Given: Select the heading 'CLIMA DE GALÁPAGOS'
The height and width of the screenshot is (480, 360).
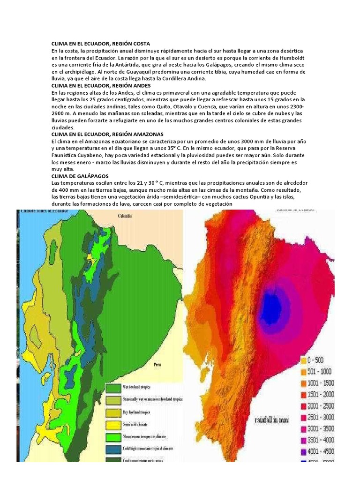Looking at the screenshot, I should point(79,176).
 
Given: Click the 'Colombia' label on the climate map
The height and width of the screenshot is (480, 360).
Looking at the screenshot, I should point(125,216).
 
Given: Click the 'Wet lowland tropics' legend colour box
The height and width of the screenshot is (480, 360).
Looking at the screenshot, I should point(112,388).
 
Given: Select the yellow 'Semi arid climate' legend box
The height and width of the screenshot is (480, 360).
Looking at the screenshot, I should point(112,424).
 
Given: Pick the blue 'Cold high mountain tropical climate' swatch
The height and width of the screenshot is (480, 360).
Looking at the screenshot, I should point(112,449).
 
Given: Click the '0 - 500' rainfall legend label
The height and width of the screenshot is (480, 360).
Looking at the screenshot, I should point(320,360).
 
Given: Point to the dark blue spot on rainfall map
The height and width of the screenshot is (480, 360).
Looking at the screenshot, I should point(270,300).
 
